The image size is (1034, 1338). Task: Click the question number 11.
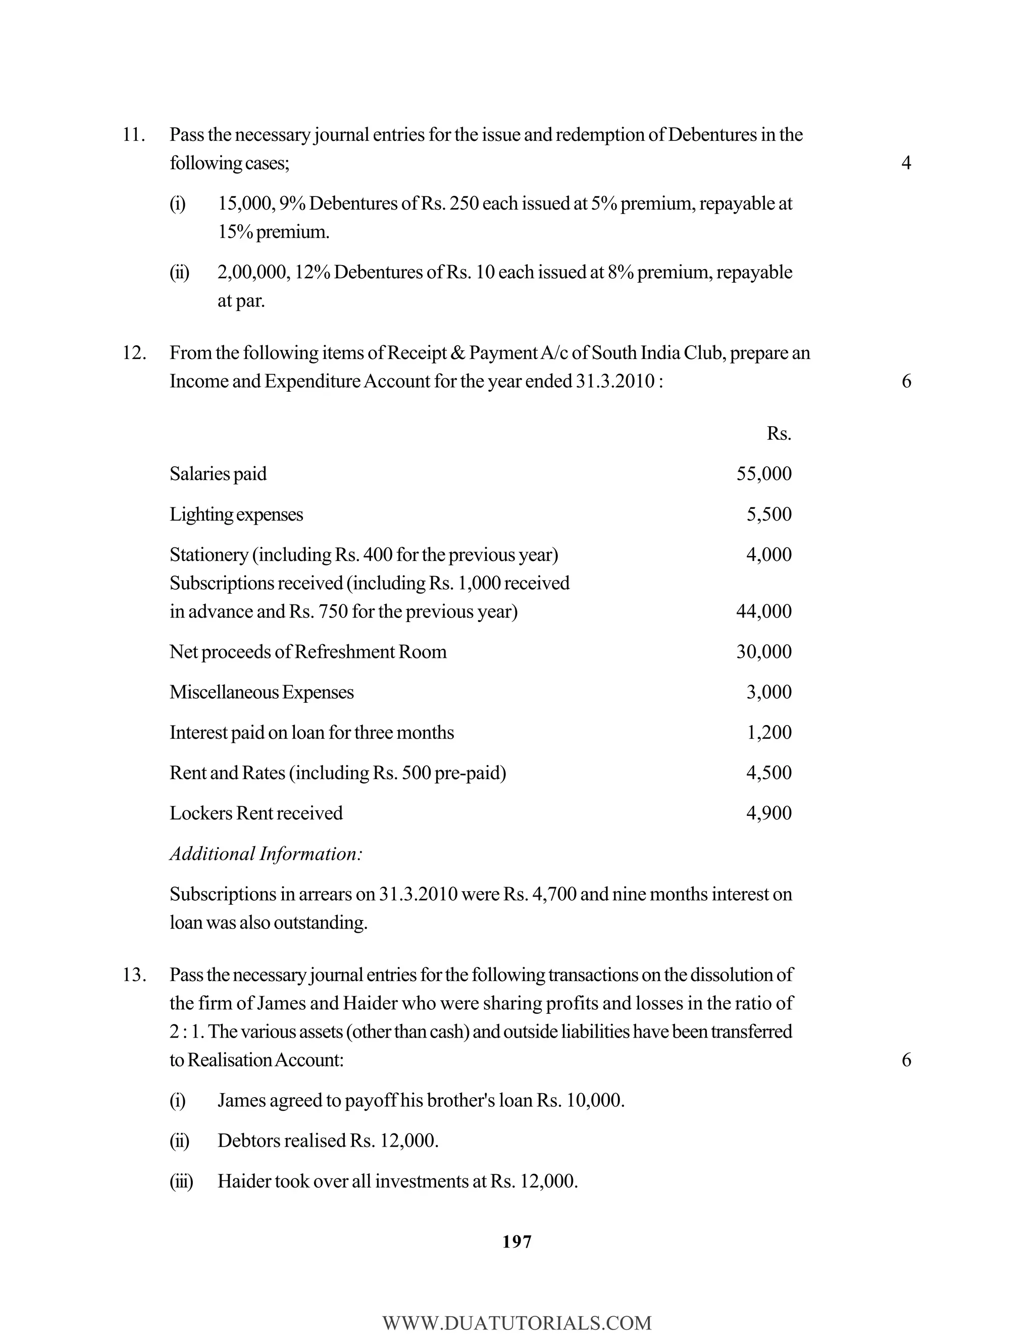pos(133,135)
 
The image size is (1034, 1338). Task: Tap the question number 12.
pos(133,353)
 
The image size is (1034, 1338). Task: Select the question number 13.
pos(133,974)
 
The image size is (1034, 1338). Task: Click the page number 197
pos(516,1242)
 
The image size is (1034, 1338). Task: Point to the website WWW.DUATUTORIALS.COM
pos(516,1323)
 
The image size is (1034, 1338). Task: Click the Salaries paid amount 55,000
pos(763,474)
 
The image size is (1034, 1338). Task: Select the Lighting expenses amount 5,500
pos(769,514)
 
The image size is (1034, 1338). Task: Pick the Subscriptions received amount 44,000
pos(763,611)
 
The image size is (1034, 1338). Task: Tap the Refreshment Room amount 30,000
pos(763,652)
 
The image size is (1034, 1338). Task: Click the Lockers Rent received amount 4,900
pos(769,813)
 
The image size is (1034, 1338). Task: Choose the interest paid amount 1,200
pos(769,733)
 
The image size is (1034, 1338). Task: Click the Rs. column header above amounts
pos(779,434)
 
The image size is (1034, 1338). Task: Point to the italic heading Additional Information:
pos(266,854)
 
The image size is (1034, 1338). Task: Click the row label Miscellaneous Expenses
pos(262,692)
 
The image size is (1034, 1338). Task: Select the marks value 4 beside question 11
pos(906,163)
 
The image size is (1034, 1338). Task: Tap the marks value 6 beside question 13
pos(906,1060)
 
